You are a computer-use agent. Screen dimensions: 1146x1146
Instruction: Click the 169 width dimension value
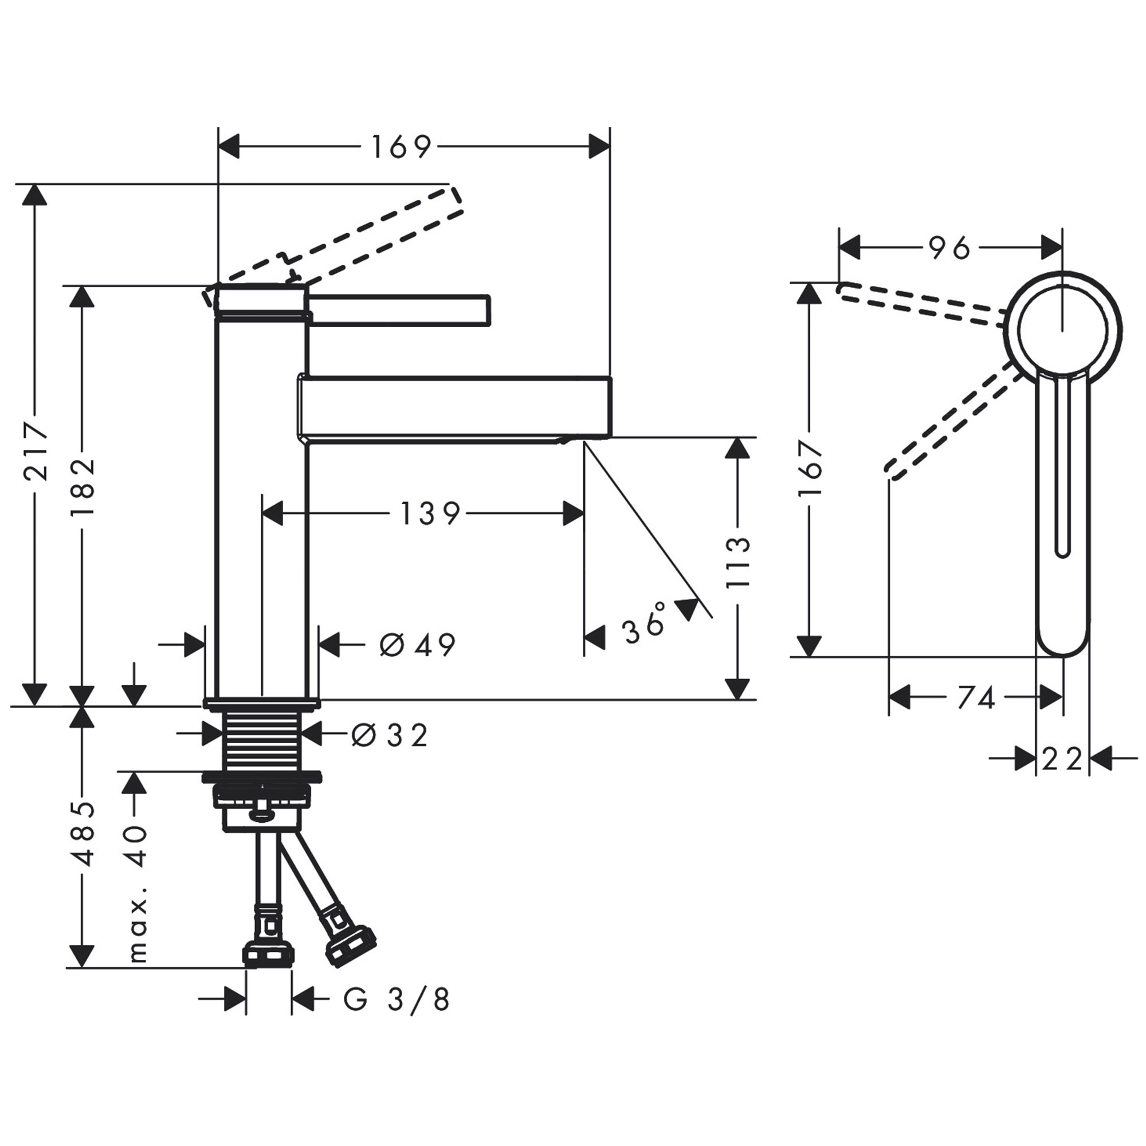tap(401, 147)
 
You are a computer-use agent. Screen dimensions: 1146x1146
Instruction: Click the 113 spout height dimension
tap(739, 562)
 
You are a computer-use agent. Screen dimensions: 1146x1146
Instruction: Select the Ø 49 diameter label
tap(417, 645)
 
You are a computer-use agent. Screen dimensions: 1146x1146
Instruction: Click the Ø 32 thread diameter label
tap(388, 737)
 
